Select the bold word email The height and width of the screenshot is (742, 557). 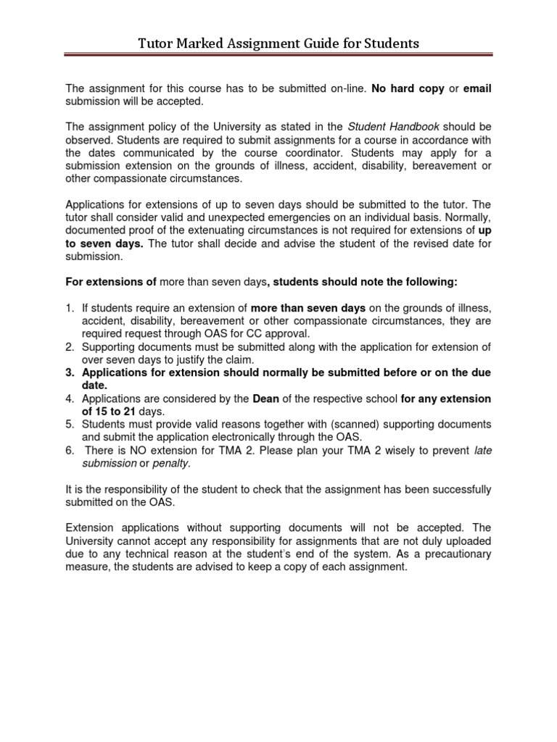[476, 88]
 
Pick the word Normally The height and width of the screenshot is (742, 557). [466, 217]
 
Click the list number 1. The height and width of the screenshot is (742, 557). [69, 308]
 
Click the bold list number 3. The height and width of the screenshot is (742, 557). [70, 372]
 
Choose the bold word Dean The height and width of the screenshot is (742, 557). [265, 399]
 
